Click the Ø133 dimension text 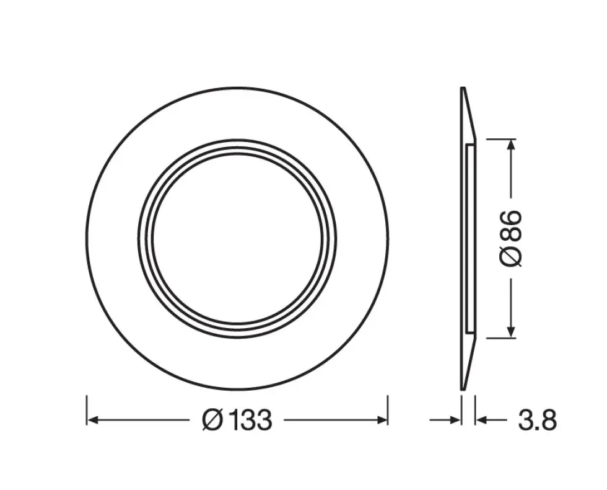237,420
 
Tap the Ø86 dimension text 511,238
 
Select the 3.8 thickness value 538,420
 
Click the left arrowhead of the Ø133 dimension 92,420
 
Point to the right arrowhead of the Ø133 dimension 382,420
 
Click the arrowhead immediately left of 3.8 481,420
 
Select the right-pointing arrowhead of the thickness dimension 455,420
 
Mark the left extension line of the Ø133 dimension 87,410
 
